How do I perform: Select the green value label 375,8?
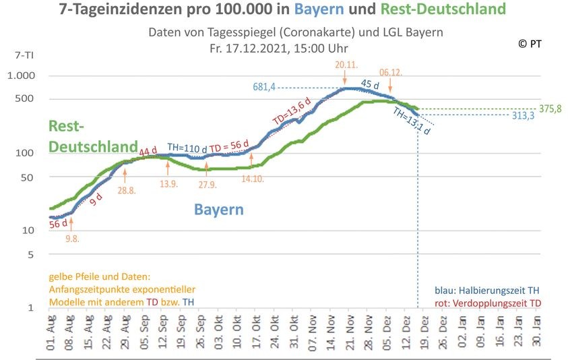551,109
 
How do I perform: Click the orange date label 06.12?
392,71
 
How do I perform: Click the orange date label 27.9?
207,184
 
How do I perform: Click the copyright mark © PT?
530,43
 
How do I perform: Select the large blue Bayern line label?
219,209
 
